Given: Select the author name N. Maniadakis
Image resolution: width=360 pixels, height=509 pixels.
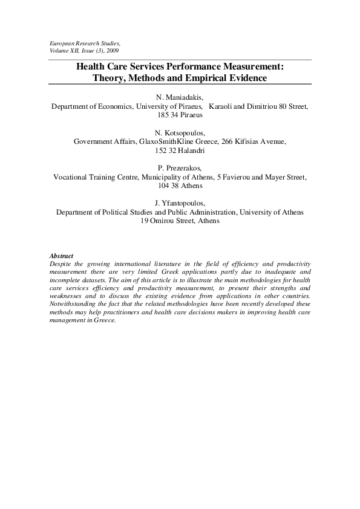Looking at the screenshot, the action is tap(180, 97).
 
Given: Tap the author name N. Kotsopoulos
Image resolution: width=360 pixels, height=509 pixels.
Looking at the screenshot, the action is tap(180, 132).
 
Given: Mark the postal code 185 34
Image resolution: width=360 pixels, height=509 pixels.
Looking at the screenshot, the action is tap(166, 114).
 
